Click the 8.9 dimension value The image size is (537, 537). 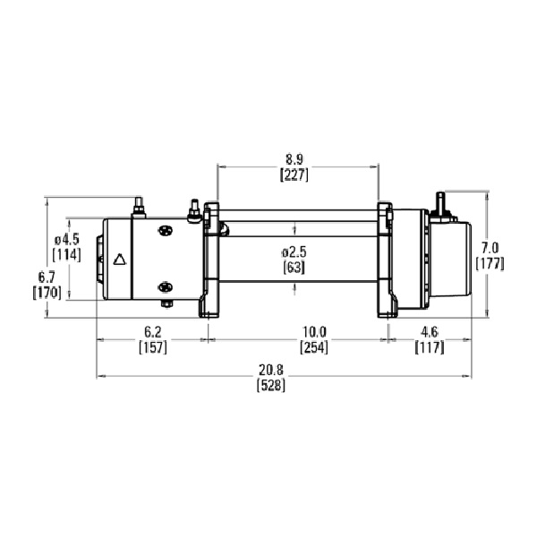pos(294,159)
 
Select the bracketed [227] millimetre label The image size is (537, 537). pos(294,175)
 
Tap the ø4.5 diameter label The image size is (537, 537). pos(67,239)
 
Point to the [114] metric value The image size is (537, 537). pos(67,255)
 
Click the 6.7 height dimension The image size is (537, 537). pos(47,277)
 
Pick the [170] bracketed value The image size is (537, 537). pos(47,293)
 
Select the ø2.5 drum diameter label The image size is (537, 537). pos(294,252)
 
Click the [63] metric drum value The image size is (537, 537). pos(294,268)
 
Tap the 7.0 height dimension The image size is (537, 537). pos(490,248)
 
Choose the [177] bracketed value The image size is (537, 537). pos(490,264)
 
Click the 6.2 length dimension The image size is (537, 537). pos(153,332)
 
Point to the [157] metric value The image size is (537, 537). pos(153,347)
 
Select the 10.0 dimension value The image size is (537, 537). pos(314,332)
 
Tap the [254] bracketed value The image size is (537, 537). pos(314,347)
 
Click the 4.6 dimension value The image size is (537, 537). pos(430,332)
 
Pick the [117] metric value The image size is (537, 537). pos(430,347)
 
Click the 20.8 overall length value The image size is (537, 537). pos(271,371)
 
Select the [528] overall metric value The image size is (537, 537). pos(271,386)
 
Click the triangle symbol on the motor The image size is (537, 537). pos(120,260)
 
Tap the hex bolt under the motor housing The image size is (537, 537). pos(166,304)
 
